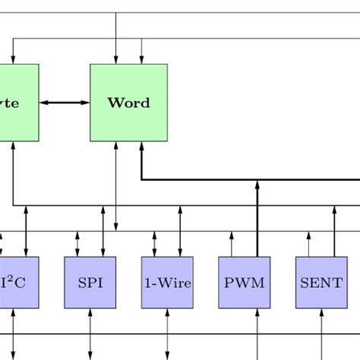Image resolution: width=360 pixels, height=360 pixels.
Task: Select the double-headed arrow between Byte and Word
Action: click(65, 103)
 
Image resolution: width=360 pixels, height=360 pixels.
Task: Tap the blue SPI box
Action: click(90, 283)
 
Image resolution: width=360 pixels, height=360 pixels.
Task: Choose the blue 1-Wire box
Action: click(167, 283)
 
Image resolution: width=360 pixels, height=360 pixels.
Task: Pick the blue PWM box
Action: click(245, 283)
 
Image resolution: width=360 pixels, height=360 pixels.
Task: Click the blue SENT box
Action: click(321, 283)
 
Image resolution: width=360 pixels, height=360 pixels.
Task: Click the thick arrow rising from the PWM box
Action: click(257, 220)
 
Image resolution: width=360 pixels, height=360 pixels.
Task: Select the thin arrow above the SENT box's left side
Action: click(308, 244)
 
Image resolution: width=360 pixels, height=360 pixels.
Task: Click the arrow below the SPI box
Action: click(90, 334)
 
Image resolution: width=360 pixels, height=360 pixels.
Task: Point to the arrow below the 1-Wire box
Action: click(167, 334)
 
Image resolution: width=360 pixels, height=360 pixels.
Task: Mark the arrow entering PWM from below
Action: click(257, 334)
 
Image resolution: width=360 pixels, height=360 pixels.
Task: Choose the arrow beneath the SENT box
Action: click(321, 334)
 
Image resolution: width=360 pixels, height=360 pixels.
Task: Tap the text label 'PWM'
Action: click(245, 283)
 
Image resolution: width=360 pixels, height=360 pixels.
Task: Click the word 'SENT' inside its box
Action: click(321, 283)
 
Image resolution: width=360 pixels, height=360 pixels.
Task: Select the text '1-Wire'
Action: click(167, 283)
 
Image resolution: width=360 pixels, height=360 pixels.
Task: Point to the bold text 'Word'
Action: click(128, 103)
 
